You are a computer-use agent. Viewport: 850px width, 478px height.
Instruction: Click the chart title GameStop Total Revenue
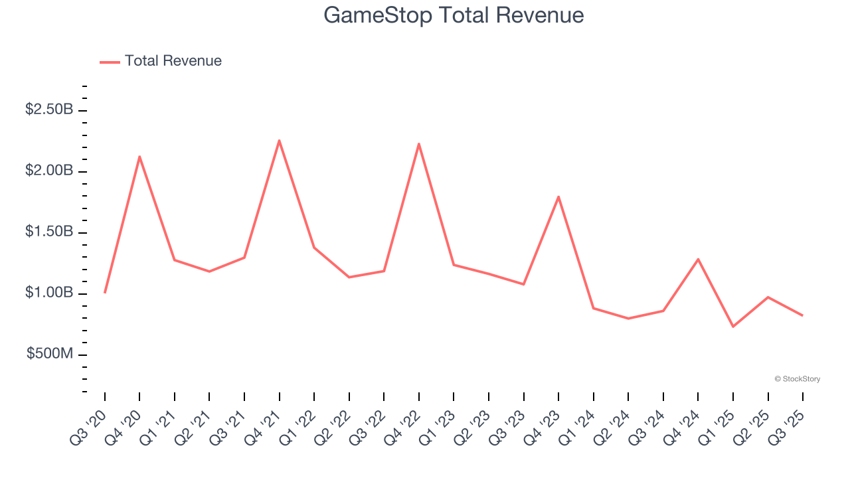454,15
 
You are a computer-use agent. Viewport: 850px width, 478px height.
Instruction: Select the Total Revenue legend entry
161,61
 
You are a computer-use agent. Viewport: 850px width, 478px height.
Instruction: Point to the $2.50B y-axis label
48,110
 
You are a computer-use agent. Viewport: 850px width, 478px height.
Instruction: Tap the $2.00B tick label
48,171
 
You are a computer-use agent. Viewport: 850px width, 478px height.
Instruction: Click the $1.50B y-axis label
48,232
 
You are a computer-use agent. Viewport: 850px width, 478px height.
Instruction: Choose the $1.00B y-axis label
48,293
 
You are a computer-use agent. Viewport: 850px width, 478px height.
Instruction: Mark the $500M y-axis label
49,354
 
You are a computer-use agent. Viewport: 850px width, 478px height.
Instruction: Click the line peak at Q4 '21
279,140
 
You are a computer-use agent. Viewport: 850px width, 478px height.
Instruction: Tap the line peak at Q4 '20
139,157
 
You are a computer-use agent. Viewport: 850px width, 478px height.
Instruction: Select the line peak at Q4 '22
419,143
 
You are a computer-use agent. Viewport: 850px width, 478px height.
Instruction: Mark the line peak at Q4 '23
558,197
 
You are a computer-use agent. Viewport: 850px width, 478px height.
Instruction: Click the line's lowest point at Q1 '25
733,327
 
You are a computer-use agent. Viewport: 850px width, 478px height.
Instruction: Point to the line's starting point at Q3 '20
105,292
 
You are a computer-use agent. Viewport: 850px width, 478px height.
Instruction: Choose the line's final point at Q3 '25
803,315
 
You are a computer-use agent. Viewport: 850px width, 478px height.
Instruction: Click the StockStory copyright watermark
797,379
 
